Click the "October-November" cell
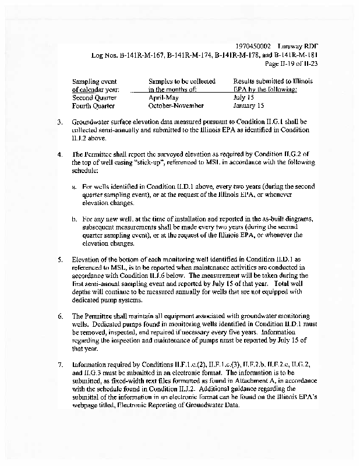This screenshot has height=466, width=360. [x=176, y=106]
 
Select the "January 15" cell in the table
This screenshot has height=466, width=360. [x=249, y=106]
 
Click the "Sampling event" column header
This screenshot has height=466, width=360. [x=94, y=82]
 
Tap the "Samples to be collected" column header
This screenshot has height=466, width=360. [x=182, y=82]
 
